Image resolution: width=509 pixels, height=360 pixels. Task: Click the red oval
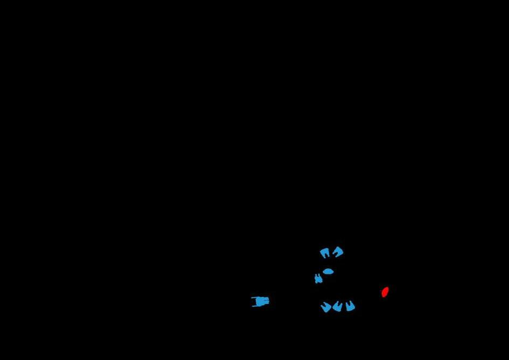(385, 292)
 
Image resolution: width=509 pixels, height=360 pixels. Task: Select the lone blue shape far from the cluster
(261, 301)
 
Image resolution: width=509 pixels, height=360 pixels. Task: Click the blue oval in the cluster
(328, 272)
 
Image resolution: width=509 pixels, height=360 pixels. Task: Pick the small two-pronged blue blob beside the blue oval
(318, 279)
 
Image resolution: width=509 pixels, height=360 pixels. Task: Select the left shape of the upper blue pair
(325, 252)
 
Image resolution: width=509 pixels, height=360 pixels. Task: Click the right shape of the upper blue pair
(338, 251)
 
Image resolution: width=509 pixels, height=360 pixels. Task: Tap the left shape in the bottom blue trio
(326, 307)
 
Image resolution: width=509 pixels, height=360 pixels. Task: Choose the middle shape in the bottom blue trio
(338, 307)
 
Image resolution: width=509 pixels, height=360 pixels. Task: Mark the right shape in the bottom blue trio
(350, 306)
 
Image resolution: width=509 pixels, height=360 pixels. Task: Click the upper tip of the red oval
(387, 288)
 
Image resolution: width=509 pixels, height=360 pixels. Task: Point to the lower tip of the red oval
(383, 296)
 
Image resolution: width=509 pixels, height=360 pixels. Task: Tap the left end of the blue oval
(323, 272)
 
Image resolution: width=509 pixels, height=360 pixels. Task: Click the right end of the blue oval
(333, 272)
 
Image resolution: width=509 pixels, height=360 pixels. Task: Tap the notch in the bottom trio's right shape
(350, 303)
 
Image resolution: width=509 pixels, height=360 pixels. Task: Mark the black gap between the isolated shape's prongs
(254, 301)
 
